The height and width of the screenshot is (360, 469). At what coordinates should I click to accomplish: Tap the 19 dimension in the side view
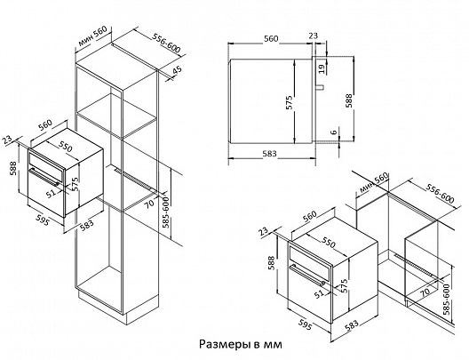tap(322, 68)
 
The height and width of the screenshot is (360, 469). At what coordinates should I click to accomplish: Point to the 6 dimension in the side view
tap(334, 131)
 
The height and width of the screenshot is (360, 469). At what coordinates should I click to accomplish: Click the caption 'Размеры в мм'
tap(240, 344)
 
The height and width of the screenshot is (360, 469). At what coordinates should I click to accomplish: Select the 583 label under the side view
tap(269, 153)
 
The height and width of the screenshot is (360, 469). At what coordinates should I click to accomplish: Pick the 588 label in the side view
tap(349, 100)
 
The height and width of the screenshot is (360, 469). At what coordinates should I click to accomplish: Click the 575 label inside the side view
tap(290, 102)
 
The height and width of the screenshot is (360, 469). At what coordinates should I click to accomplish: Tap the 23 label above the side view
tap(313, 36)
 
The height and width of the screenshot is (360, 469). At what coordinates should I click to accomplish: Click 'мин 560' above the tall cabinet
tap(92, 36)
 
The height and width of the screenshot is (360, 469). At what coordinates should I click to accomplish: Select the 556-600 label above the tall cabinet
tap(166, 43)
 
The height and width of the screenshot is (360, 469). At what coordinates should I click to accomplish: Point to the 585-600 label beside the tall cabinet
tap(165, 212)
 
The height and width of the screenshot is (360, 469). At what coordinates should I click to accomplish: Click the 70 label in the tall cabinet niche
tap(149, 203)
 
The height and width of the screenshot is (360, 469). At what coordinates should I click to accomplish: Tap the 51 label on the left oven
tap(52, 193)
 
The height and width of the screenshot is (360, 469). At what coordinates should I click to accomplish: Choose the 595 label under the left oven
tap(42, 220)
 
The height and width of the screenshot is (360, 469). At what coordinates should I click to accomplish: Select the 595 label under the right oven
tap(305, 324)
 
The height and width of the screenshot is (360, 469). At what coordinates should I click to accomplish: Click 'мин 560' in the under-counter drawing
tap(374, 182)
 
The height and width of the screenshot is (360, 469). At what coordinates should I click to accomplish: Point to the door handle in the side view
tap(320, 87)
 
